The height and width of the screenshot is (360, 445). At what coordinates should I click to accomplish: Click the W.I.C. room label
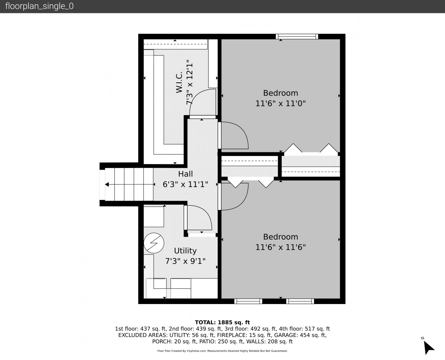[179, 82]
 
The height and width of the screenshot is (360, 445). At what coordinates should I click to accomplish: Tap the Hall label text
[185, 174]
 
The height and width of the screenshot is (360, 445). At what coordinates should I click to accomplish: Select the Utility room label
[185, 251]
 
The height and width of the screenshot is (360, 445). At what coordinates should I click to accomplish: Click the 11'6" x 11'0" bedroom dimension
[281, 103]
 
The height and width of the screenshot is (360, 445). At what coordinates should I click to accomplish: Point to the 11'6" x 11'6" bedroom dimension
[281, 247]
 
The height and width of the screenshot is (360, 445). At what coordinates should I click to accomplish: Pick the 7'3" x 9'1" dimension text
[185, 261]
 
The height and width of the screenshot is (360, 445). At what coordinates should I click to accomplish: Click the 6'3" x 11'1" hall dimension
[185, 184]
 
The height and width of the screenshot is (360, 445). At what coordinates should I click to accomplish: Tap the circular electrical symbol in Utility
[154, 243]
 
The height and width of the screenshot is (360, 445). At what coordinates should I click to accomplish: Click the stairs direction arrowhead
[107, 184]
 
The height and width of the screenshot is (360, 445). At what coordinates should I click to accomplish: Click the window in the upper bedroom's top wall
[297, 37]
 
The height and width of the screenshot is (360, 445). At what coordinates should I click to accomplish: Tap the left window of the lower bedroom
[248, 301]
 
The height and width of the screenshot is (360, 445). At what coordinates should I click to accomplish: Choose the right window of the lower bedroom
[300, 301]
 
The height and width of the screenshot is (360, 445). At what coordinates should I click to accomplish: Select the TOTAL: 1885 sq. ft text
[222, 322]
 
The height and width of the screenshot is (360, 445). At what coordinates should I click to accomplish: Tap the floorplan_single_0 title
[39, 6]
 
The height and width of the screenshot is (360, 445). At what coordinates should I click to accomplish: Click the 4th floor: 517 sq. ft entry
[304, 329]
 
